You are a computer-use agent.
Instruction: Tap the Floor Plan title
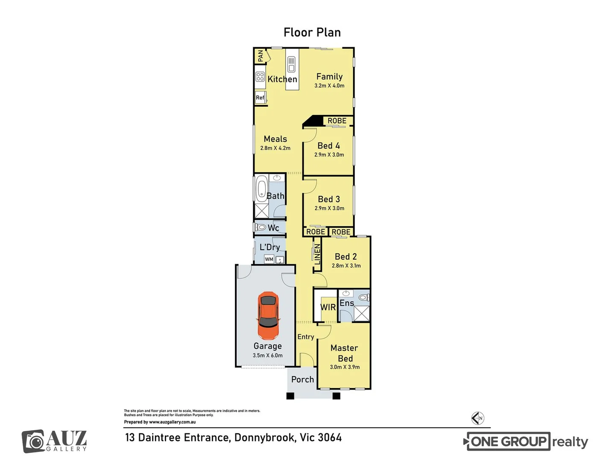click(312, 32)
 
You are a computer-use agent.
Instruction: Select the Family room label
click(329, 76)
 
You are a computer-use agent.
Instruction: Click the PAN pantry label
click(261, 55)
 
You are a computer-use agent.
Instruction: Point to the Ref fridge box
click(260, 98)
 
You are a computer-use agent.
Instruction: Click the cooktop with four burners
click(260, 76)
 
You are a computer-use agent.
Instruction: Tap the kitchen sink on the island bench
click(291, 64)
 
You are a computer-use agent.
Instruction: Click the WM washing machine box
click(269, 259)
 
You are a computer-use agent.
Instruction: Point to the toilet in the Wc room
click(261, 227)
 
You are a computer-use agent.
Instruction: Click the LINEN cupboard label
click(317, 254)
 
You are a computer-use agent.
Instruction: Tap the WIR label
click(328, 307)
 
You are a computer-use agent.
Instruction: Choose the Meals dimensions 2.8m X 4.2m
click(275, 148)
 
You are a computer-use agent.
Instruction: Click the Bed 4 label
click(329, 146)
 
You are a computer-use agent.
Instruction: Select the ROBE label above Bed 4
click(337, 121)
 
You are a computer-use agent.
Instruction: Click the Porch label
click(302, 379)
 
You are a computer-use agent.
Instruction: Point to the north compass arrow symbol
click(478, 418)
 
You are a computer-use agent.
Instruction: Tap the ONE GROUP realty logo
click(526, 442)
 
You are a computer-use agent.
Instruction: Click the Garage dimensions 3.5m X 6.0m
click(268, 356)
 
